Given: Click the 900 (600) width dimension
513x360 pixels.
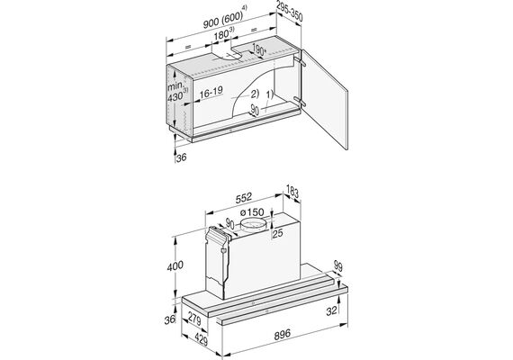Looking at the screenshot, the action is (x=225, y=20).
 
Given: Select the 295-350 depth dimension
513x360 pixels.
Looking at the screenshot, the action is (x=290, y=12).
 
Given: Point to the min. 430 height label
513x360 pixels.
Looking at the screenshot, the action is (x=177, y=93).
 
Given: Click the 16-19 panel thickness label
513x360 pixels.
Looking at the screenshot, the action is (x=211, y=93).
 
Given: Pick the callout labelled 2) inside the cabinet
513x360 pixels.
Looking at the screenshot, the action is (x=255, y=94).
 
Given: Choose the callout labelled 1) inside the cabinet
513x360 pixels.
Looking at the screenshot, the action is (x=269, y=94).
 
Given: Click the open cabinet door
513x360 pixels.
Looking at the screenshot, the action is (x=324, y=99).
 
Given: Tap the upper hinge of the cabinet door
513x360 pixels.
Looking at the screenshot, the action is (x=300, y=61).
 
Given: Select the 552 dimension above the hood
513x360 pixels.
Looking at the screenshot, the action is (x=244, y=197).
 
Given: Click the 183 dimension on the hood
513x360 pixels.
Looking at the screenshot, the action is (x=292, y=192).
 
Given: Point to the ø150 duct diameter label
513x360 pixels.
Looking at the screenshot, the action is (x=252, y=212).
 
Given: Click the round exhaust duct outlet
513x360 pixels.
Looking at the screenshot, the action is (x=253, y=226).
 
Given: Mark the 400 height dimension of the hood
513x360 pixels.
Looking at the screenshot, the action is (x=175, y=265).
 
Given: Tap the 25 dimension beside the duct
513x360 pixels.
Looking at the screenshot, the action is (x=277, y=233).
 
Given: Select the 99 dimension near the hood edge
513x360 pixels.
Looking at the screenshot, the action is (x=338, y=266).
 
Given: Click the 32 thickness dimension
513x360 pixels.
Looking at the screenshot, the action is (x=331, y=310).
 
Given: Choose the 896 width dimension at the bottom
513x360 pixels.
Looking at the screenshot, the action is (x=282, y=335).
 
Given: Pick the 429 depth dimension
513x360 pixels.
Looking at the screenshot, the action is (x=201, y=339).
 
